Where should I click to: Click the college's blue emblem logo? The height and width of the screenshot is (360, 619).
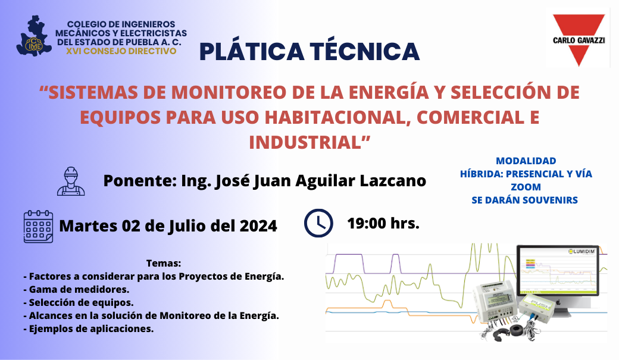(33, 37)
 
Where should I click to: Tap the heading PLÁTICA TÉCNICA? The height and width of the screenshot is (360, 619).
(309, 52)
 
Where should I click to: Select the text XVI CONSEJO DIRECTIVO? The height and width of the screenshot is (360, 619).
(121, 51)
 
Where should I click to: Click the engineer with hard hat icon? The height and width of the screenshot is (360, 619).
(71, 181)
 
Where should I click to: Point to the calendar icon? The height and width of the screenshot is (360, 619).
(38, 226)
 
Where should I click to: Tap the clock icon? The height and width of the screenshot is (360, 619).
(318, 223)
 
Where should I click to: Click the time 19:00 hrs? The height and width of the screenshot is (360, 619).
(383, 224)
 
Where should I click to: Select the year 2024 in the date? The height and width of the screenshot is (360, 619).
(258, 226)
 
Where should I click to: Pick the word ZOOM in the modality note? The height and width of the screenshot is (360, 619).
(526, 187)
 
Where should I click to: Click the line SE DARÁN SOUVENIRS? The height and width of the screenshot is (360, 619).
(525, 200)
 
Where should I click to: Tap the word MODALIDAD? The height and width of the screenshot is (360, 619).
(526, 161)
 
